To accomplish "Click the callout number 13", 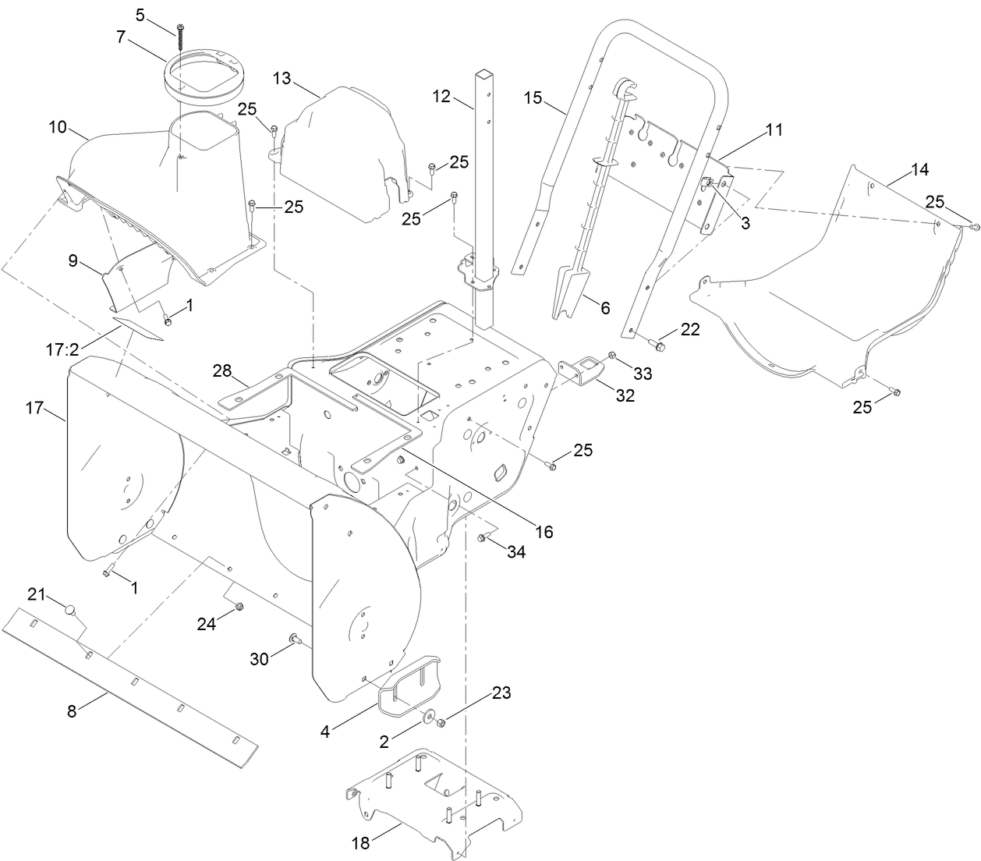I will [x=282, y=79].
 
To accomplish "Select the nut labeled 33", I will [x=612, y=356].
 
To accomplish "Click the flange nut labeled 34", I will [x=483, y=537].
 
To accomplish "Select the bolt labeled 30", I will [x=295, y=640].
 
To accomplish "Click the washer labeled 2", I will [x=427, y=715].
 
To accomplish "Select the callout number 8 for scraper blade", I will [x=71, y=710].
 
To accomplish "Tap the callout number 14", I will [x=919, y=169].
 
